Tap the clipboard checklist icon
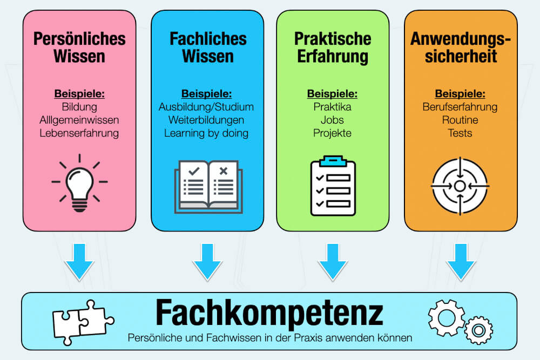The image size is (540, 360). [x=333, y=186]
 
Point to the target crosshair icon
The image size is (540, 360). [x=460, y=186]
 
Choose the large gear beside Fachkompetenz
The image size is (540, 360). [x=446, y=315]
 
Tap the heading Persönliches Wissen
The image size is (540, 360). [x=79, y=47]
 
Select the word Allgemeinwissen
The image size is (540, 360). [x=79, y=119]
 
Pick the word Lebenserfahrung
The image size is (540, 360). [x=79, y=133]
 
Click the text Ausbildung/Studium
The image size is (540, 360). [x=206, y=106]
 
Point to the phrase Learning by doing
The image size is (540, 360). [x=206, y=133]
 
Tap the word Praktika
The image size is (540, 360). [x=332, y=106]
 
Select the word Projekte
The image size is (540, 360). [x=332, y=133]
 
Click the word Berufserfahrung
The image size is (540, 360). [x=460, y=106]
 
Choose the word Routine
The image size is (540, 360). [x=460, y=119]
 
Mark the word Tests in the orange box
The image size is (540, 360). [x=460, y=133]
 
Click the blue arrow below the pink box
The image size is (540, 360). [x=79, y=261]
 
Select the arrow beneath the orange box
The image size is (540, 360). [x=461, y=261]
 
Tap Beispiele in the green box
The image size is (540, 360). [x=332, y=93]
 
